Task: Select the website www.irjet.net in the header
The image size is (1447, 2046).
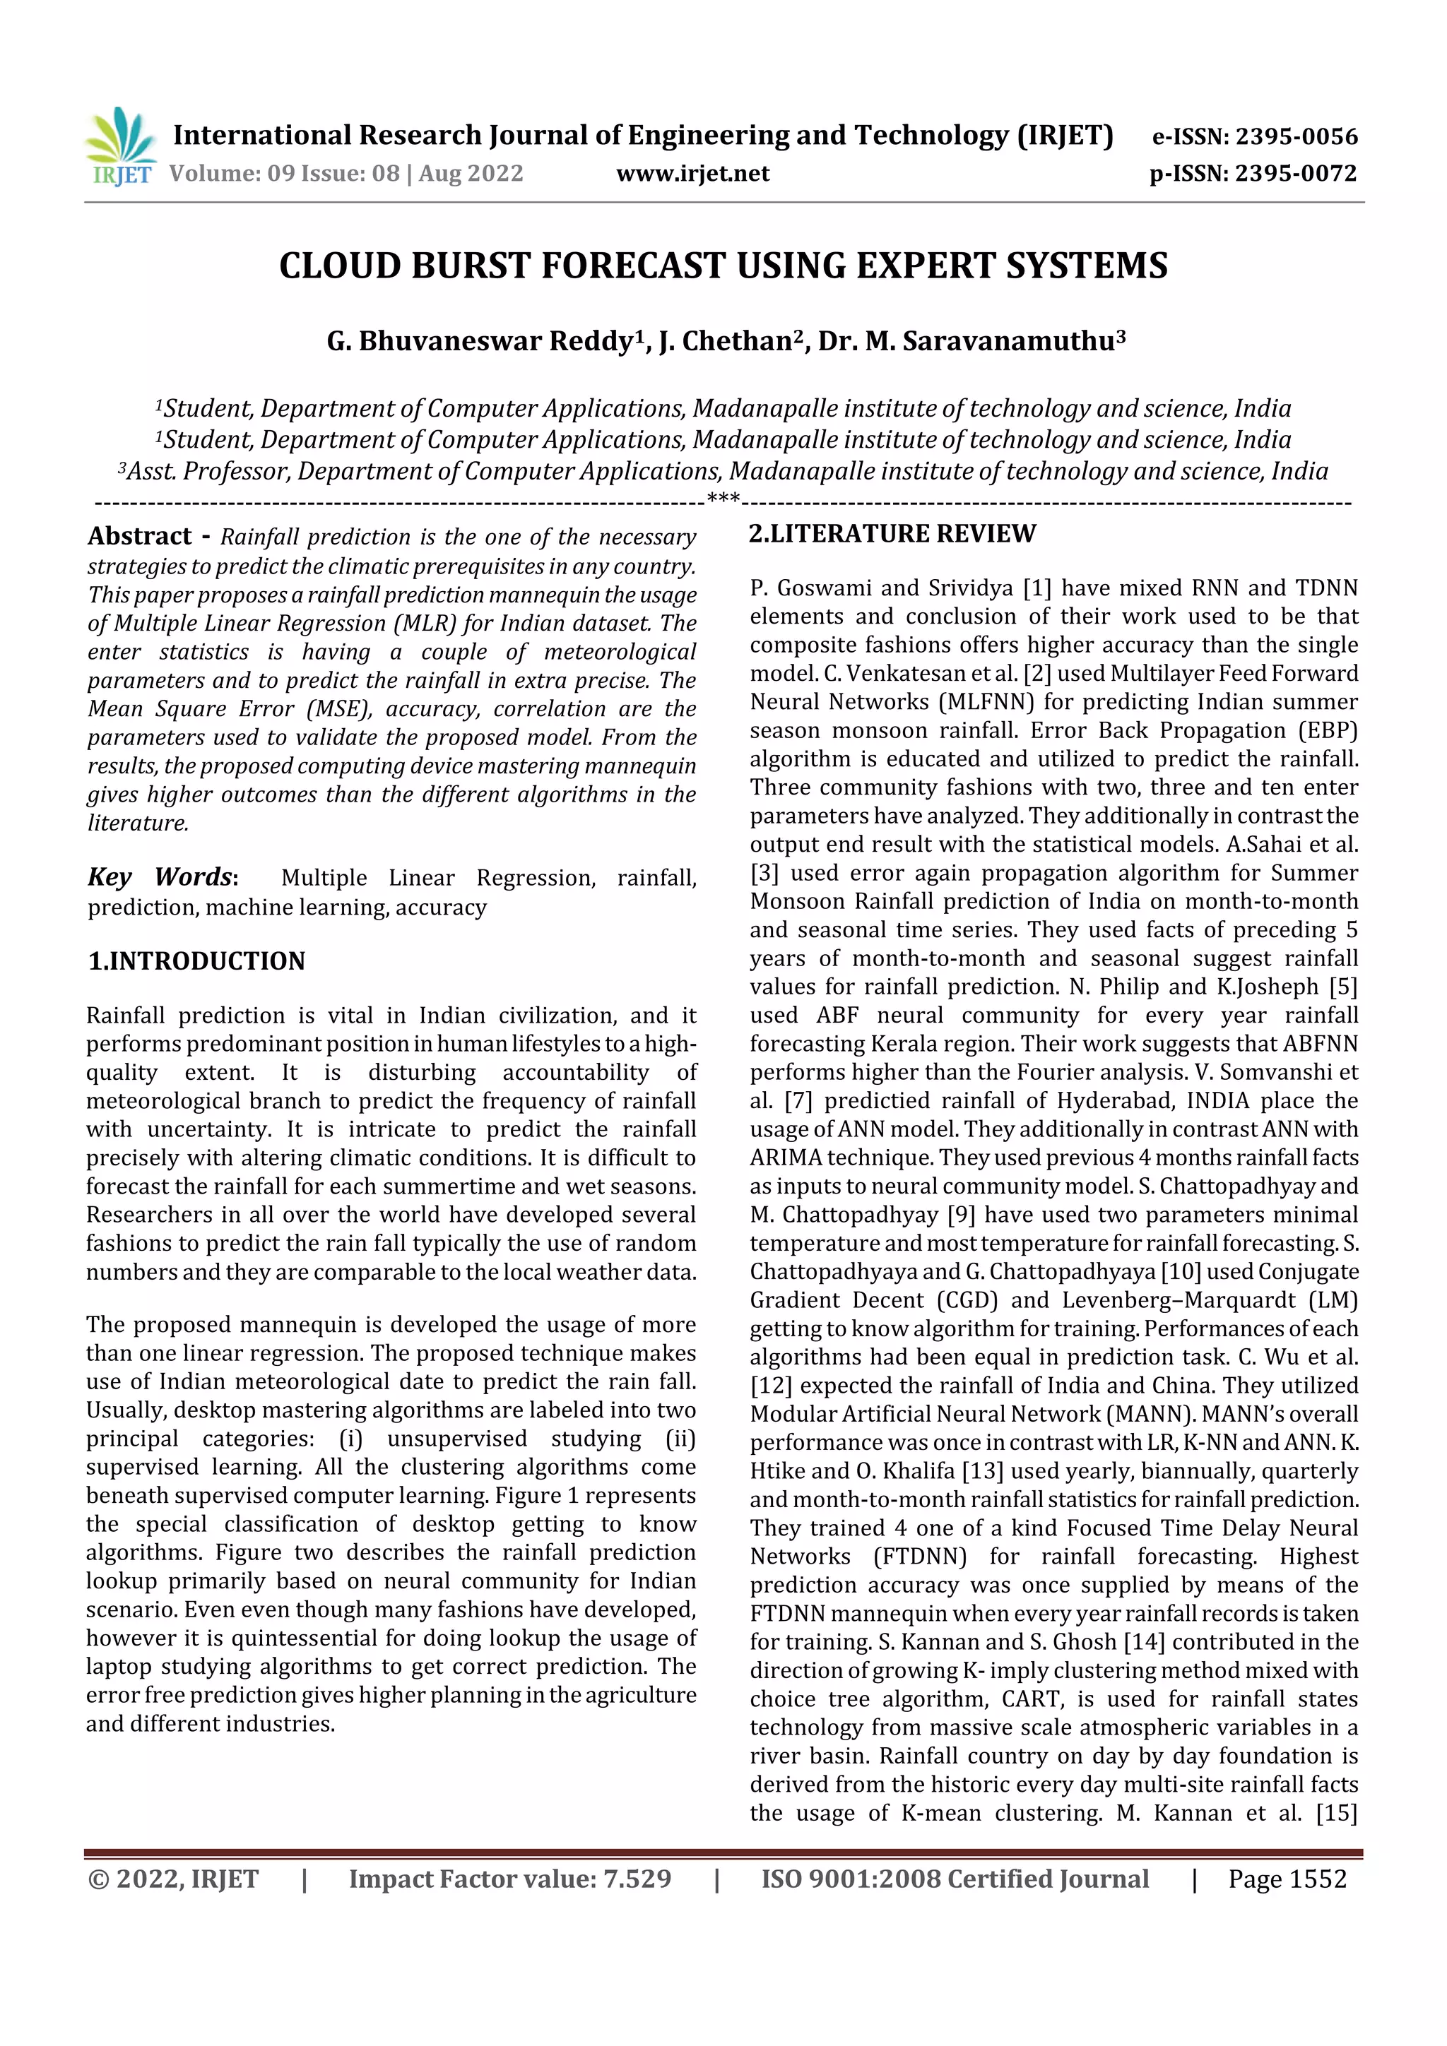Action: pyautogui.click(x=692, y=173)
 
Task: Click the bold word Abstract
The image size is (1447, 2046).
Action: pyautogui.click(x=140, y=537)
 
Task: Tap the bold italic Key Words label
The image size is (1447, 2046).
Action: pyautogui.click(x=161, y=877)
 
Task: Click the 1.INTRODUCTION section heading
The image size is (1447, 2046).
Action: pyautogui.click(x=196, y=960)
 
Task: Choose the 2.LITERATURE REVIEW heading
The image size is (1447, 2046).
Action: pyautogui.click(x=892, y=534)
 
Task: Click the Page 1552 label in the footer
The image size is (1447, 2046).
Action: pyautogui.click(x=1287, y=1879)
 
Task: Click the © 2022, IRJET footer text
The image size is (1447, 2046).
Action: pyautogui.click(x=174, y=1879)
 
